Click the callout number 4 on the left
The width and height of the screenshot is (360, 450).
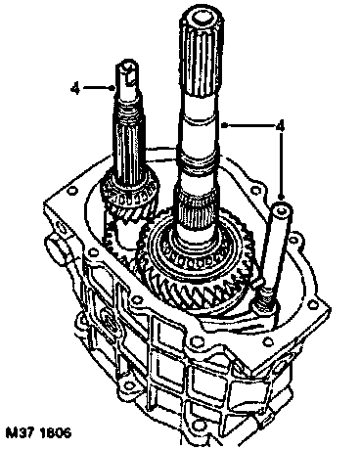pos(75,88)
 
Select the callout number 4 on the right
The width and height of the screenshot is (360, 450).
pos(280,125)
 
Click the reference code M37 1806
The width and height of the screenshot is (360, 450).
pos(38,433)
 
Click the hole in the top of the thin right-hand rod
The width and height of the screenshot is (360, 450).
pos(282,212)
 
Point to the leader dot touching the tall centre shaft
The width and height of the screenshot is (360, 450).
pos(223,125)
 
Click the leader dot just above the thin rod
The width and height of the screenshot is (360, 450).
pos(281,197)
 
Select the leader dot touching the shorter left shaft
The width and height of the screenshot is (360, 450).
pos(113,88)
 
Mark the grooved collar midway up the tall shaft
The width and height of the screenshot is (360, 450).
pos(198,163)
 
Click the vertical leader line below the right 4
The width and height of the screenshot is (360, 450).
pos(281,164)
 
